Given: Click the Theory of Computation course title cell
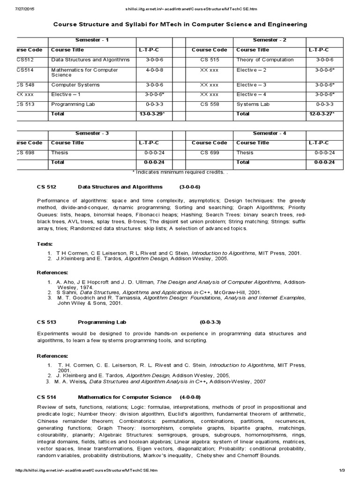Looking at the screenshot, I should point(265,60).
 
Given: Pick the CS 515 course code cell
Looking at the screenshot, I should point(210,60).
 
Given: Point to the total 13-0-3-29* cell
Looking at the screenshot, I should point(152,114).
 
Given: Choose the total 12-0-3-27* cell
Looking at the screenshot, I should point(322,114).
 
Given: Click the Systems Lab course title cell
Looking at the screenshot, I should point(253,104).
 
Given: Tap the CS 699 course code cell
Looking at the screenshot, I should point(210,152).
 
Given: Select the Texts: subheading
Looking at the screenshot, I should point(45,243).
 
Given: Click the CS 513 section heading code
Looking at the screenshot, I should point(46,322).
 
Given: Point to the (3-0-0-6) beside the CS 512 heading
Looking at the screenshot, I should point(190,187).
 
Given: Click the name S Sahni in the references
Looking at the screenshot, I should point(68,292).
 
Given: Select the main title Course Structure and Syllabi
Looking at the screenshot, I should point(180,24).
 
